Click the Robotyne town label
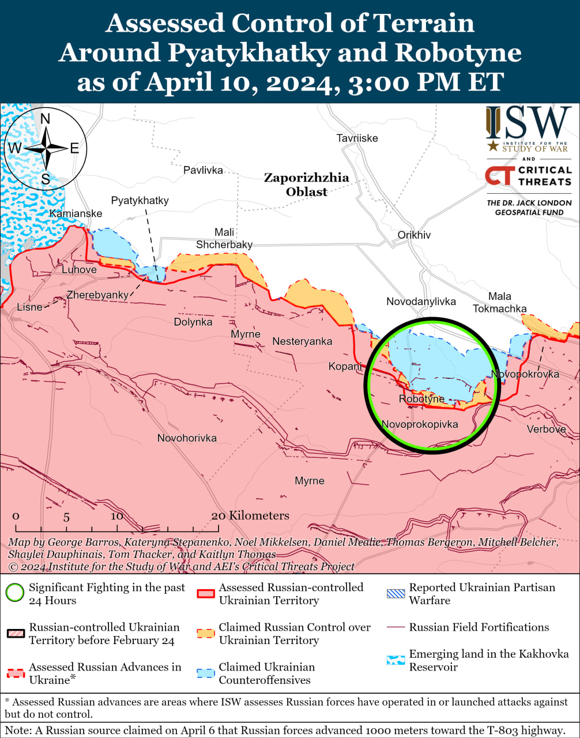click(421, 399)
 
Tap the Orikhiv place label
click(414, 235)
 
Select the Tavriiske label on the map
click(357, 138)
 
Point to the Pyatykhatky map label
click(140, 201)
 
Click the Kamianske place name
click(76, 214)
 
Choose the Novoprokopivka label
click(420, 425)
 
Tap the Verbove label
click(546, 430)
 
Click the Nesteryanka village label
click(302, 341)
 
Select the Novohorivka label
click(187, 438)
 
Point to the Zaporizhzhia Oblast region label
click(306, 184)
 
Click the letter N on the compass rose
click(45, 119)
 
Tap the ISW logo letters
click(528, 123)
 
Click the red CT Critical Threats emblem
click(499, 176)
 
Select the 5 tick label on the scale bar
click(66, 517)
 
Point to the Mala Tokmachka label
click(499, 302)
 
